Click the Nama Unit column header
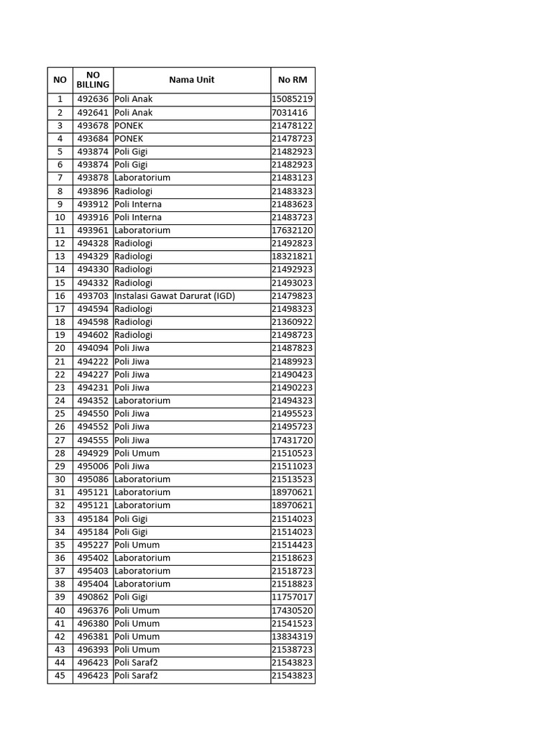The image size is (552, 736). pyautogui.click(x=192, y=80)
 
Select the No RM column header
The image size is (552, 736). pyautogui.click(x=293, y=80)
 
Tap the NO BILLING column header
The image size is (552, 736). pyautogui.click(x=93, y=80)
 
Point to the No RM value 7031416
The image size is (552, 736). pyautogui.click(x=290, y=113)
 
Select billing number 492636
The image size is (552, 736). pyautogui.click(x=93, y=99)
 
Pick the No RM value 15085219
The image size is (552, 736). pyautogui.click(x=293, y=99)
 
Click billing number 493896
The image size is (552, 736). pyautogui.click(x=93, y=191)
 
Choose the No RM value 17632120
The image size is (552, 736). pyautogui.click(x=293, y=231)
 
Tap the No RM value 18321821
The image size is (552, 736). pyautogui.click(x=293, y=257)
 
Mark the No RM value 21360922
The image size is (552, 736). pyautogui.click(x=293, y=322)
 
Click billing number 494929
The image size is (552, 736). pyautogui.click(x=93, y=454)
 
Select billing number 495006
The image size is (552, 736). pyautogui.click(x=93, y=466)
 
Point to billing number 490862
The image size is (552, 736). pyautogui.click(x=93, y=597)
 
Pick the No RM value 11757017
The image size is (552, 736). pyautogui.click(x=293, y=597)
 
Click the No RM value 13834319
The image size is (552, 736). pyautogui.click(x=293, y=637)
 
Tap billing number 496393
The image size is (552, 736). pyautogui.click(x=93, y=650)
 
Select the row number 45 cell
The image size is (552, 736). pyautogui.click(x=60, y=676)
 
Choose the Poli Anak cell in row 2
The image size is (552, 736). pyautogui.click(x=134, y=113)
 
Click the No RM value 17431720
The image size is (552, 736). pyautogui.click(x=293, y=440)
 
